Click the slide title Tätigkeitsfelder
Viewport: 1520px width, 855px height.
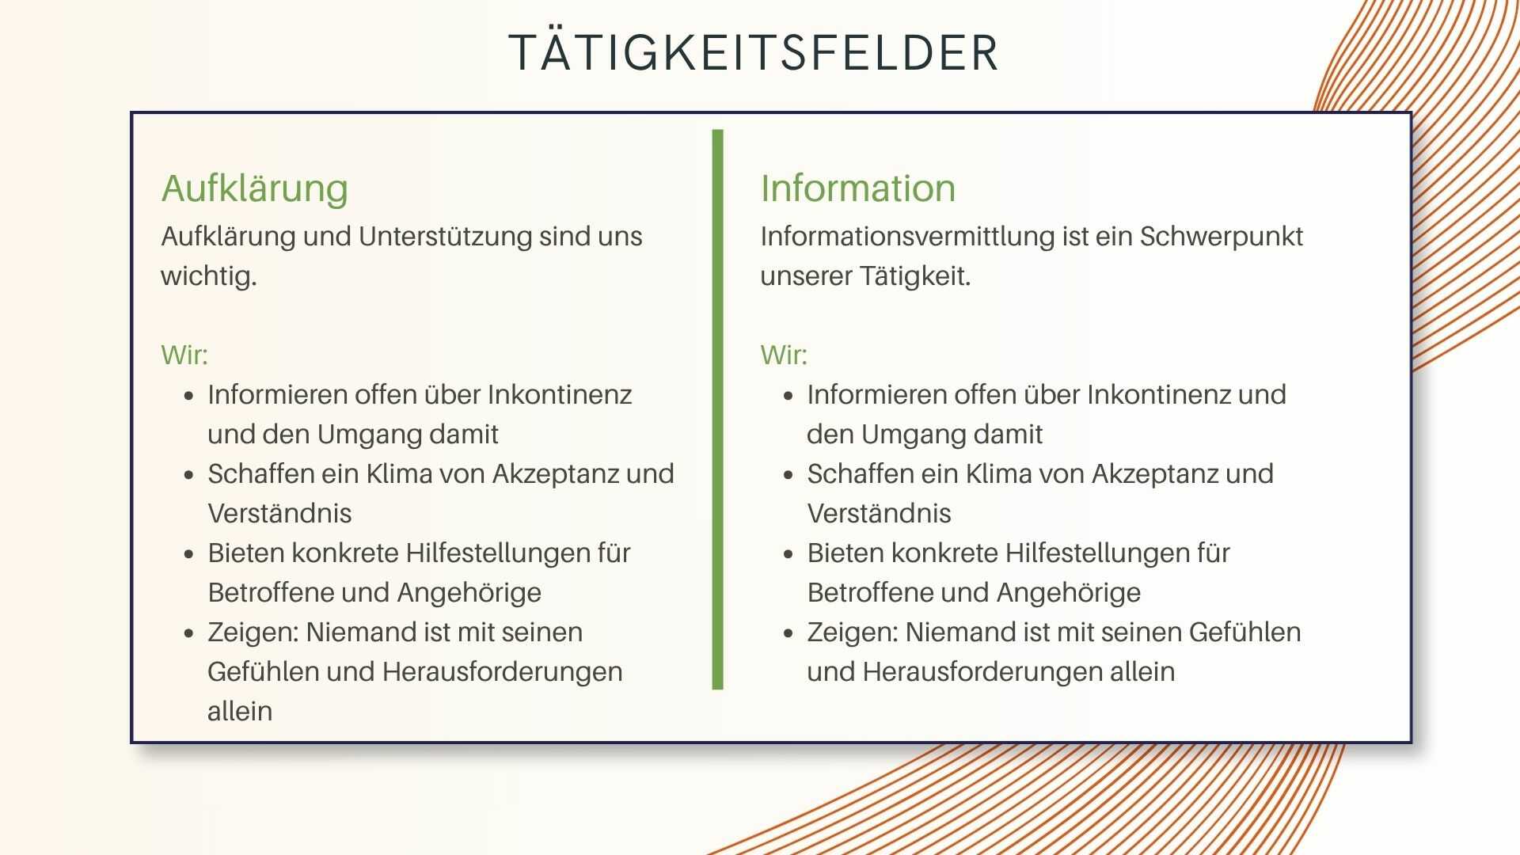[753, 53]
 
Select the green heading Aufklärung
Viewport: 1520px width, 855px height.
[254, 188]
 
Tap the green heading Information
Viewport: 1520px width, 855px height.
[857, 188]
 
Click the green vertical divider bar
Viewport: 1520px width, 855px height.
[717, 409]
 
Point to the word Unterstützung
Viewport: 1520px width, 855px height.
[445, 237]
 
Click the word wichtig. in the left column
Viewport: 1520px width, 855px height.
[209, 276]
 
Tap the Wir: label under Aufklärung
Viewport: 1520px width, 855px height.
[184, 355]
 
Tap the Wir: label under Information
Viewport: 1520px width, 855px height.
[784, 355]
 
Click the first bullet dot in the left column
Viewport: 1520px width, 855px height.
[188, 395]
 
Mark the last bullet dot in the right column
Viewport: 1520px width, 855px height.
[788, 633]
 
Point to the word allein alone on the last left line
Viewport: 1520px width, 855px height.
[239, 711]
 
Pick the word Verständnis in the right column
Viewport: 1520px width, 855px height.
[879, 513]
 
